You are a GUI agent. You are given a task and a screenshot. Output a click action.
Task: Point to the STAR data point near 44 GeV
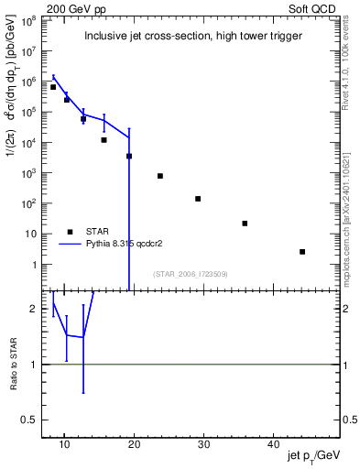(302, 251)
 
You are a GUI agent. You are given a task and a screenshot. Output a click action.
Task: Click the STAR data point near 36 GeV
(245, 224)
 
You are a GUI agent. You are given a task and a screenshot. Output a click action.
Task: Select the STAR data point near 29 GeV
(198, 199)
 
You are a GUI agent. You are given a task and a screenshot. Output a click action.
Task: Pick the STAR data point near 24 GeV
(160, 176)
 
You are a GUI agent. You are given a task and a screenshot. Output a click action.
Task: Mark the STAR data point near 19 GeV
(129, 156)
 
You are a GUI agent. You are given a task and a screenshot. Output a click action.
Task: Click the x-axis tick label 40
(273, 443)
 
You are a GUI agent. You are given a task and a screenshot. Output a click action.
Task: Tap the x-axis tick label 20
(134, 443)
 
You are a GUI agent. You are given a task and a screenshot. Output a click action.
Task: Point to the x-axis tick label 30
(203, 443)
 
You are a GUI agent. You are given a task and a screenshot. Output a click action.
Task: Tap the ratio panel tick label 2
(35, 309)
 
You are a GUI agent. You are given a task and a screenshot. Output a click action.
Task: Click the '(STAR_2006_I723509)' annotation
(190, 273)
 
